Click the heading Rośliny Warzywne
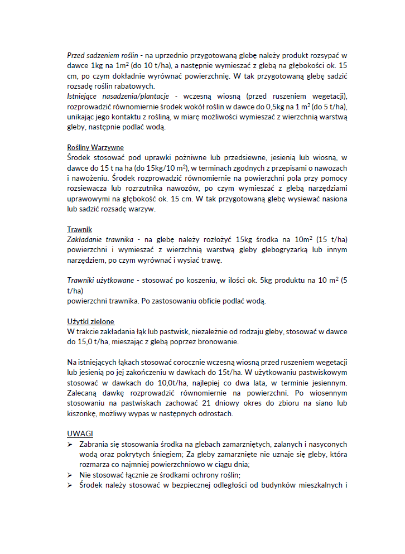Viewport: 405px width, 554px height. pyautogui.click(x=95, y=148)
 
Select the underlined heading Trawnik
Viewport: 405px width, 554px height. pyautogui.click(x=79, y=230)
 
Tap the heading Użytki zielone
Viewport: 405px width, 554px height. pyautogui.click(x=91, y=321)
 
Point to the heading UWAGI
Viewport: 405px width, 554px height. pyautogui.click(x=80, y=433)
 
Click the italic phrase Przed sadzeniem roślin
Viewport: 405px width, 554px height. pyautogui.click(x=103, y=56)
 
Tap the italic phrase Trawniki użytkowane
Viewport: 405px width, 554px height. pyautogui.click(x=100, y=280)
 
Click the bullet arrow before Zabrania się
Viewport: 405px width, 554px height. pyautogui.click(x=70, y=445)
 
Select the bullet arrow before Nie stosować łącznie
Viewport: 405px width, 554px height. pyautogui.click(x=70, y=475)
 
